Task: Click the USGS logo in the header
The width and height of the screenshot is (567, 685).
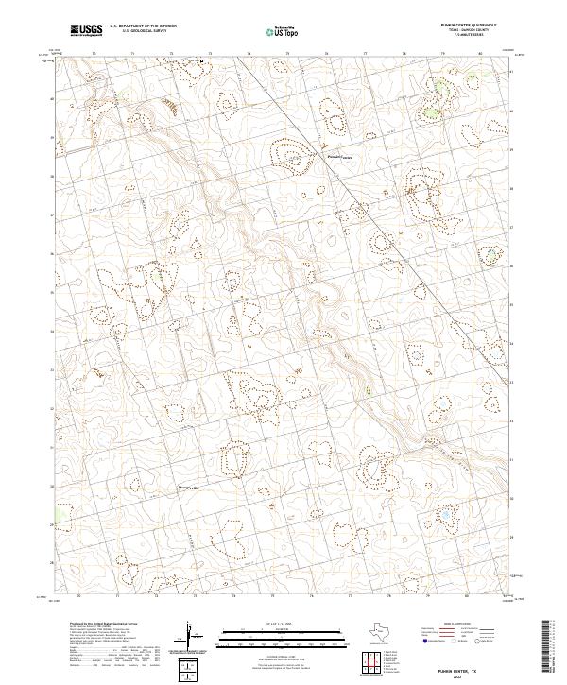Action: pyautogui.click(x=86, y=30)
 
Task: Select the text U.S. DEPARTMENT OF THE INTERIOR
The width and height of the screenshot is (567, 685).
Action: pyautogui.click(x=143, y=26)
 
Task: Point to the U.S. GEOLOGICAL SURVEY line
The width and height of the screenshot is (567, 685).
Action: pyautogui.click(x=143, y=31)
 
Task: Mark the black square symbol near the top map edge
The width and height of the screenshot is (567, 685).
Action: pyautogui.click(x=200, y=61)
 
